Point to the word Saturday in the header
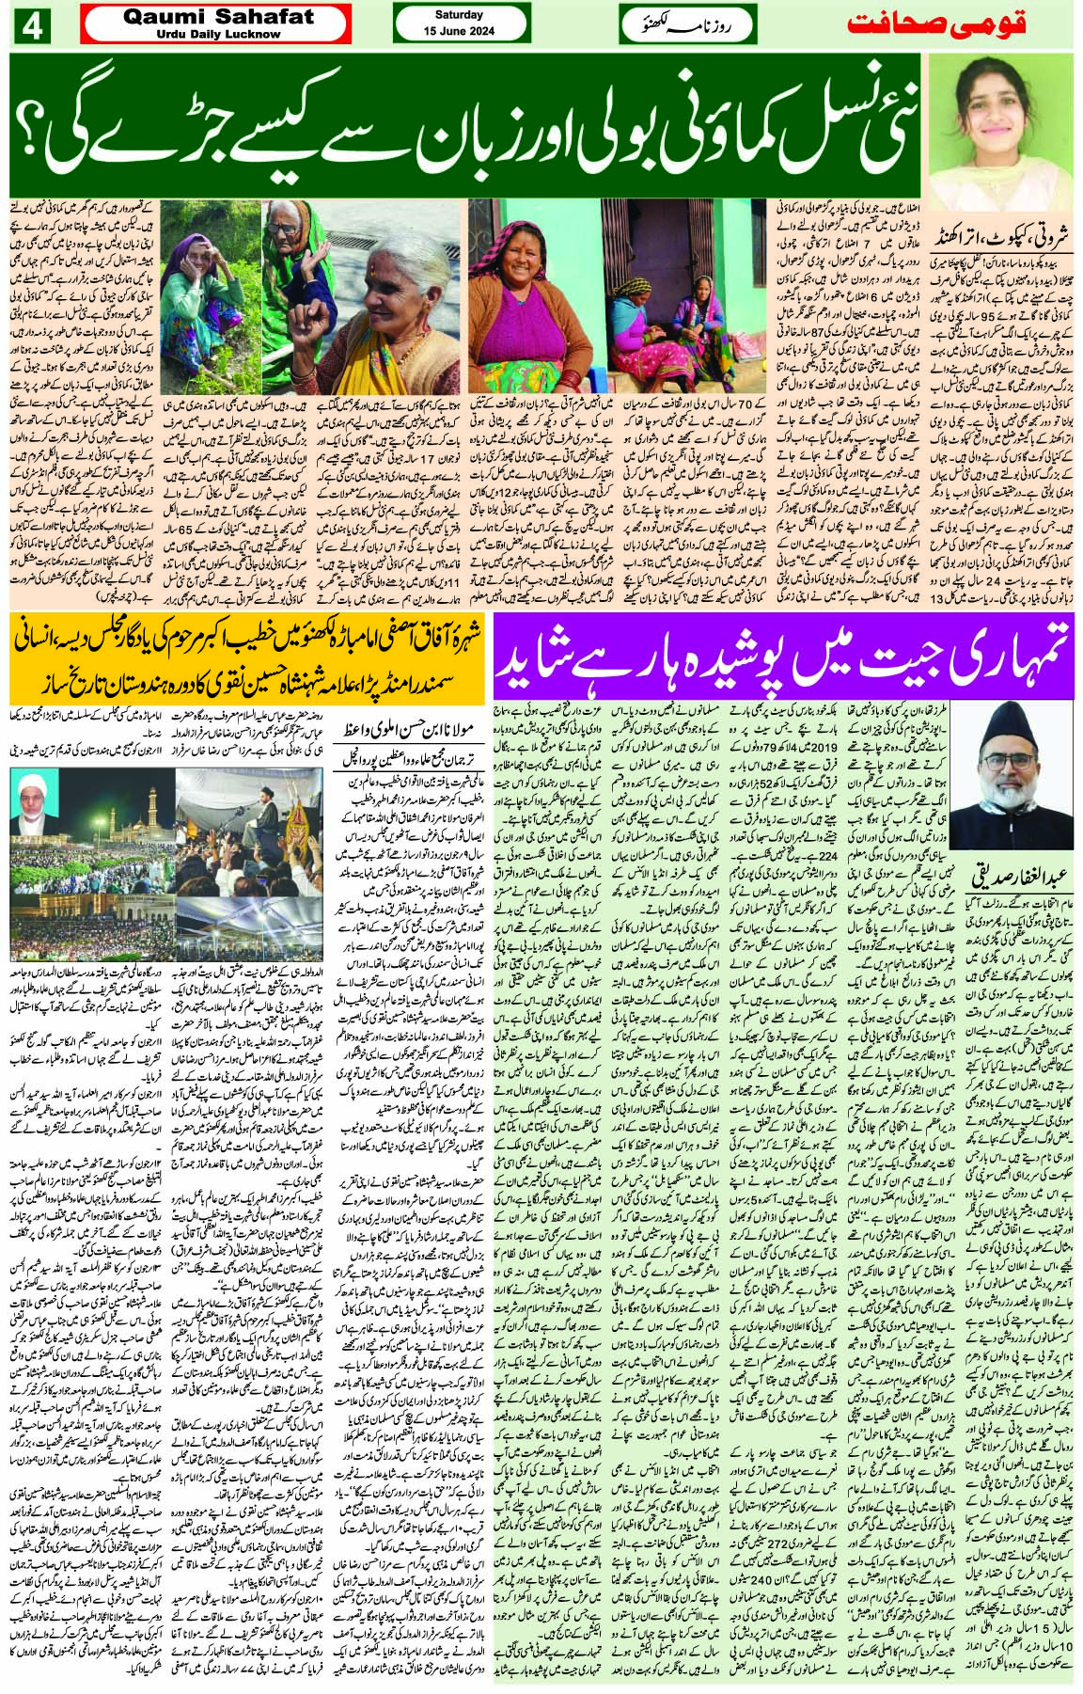459,15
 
